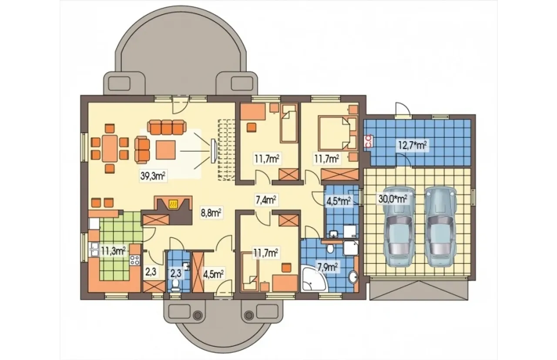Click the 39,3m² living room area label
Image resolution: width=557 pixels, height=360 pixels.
[153, 176]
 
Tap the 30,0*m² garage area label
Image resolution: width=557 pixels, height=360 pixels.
[393, 199]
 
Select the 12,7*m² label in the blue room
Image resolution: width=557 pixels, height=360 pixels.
[413, 145]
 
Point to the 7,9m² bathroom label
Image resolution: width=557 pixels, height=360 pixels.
[326, 267]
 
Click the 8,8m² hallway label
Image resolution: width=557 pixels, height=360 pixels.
[211, 213]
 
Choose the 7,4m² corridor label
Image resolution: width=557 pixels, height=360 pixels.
[266, 200]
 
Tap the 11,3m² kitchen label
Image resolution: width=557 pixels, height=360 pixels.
[113, 251]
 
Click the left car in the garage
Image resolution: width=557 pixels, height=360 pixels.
[399, 227]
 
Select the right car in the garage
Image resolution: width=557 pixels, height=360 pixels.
[440, 227]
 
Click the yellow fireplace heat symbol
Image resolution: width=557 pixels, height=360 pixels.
[173, 204]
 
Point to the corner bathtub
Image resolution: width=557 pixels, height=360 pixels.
[313, 279]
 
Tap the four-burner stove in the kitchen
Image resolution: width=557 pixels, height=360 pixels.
[135, 260]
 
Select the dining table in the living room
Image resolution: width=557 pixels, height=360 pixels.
[110, 148]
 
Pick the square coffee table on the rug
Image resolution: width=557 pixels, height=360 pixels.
[166, 150]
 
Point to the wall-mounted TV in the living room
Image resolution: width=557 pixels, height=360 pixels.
[213, 151]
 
